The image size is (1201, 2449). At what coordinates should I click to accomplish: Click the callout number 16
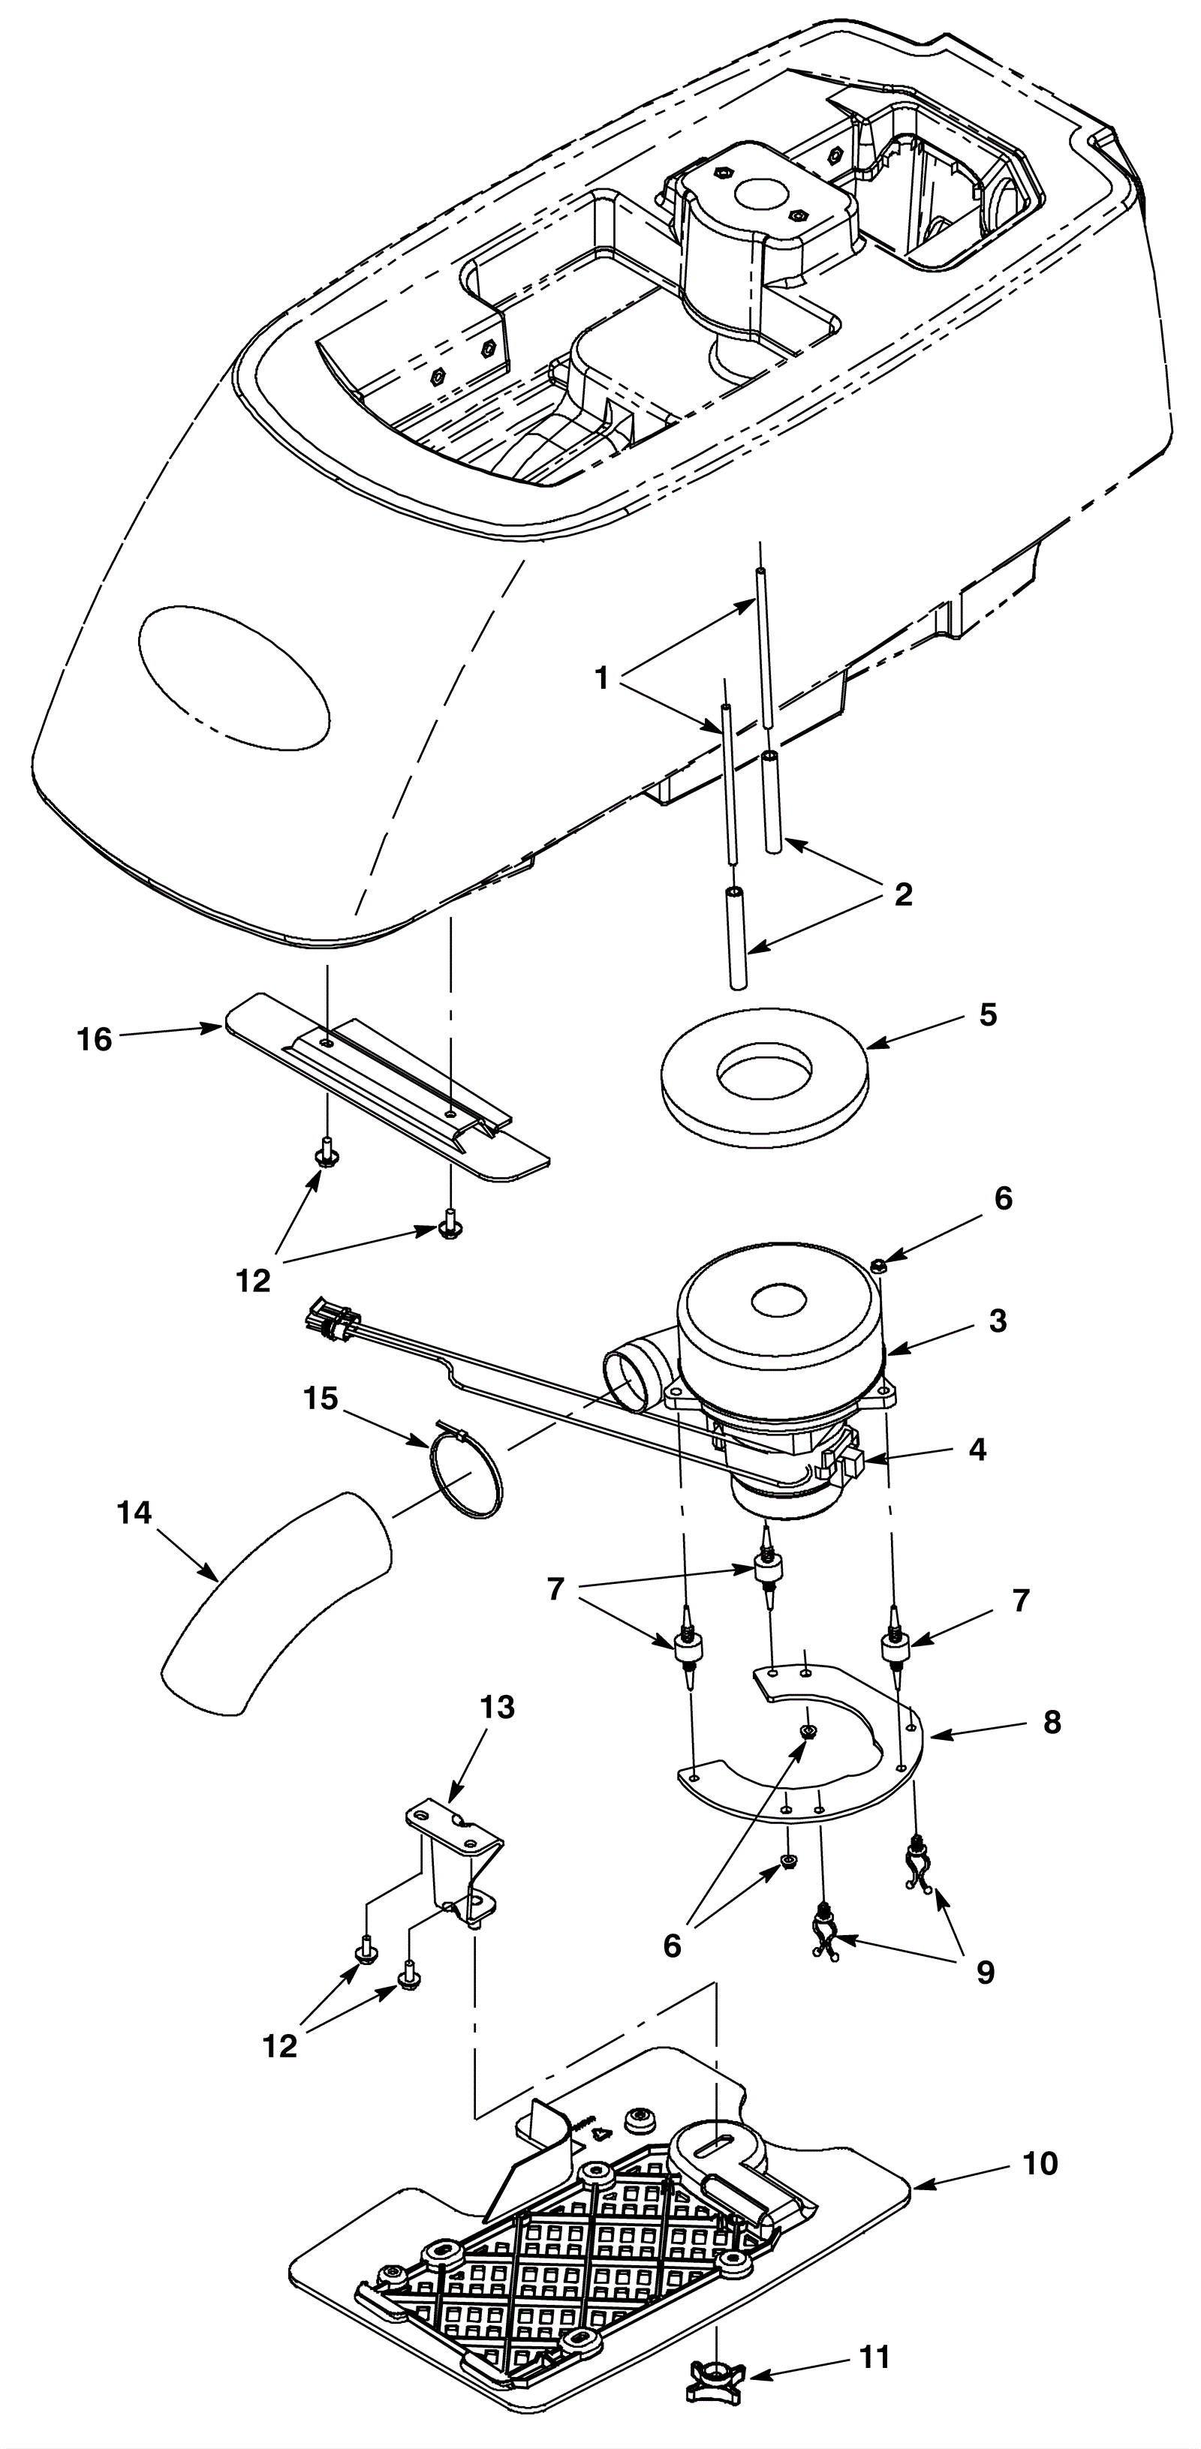pyautogui.click(x=94, y=1039)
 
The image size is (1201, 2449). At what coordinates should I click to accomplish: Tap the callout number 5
pyautogui.click(x=988, y=1014)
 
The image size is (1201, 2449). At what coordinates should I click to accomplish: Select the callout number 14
pyautogui.click(x=134, y=1513)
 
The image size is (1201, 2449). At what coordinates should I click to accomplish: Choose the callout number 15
pyautogui.click(x=321, y=1399)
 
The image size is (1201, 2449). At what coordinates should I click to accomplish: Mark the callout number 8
pyautogui.click(x=1052, y=1722)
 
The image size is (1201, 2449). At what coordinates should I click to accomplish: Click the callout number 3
pyautogui.click(x=997, y=1320)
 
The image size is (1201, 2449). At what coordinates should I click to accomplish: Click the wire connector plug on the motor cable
pyautogui.click(x=330, y=1321)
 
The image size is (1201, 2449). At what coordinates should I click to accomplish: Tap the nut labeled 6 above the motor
pyautogui.click(x=880, y=1264)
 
